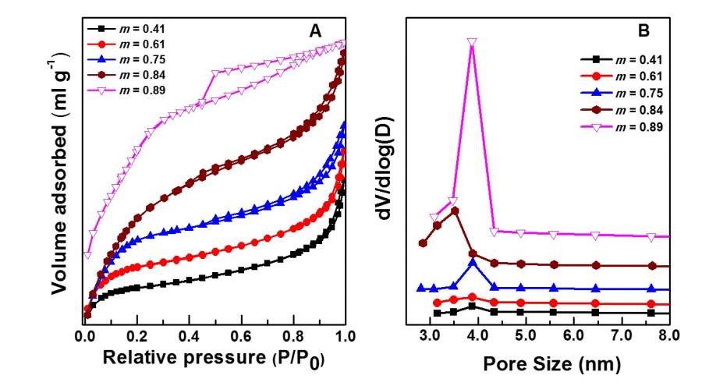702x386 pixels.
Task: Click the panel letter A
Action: point(315,31)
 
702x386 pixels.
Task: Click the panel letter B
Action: point(644,31)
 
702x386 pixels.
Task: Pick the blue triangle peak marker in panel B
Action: point(473,263)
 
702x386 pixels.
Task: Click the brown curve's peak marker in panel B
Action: point(455,211)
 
